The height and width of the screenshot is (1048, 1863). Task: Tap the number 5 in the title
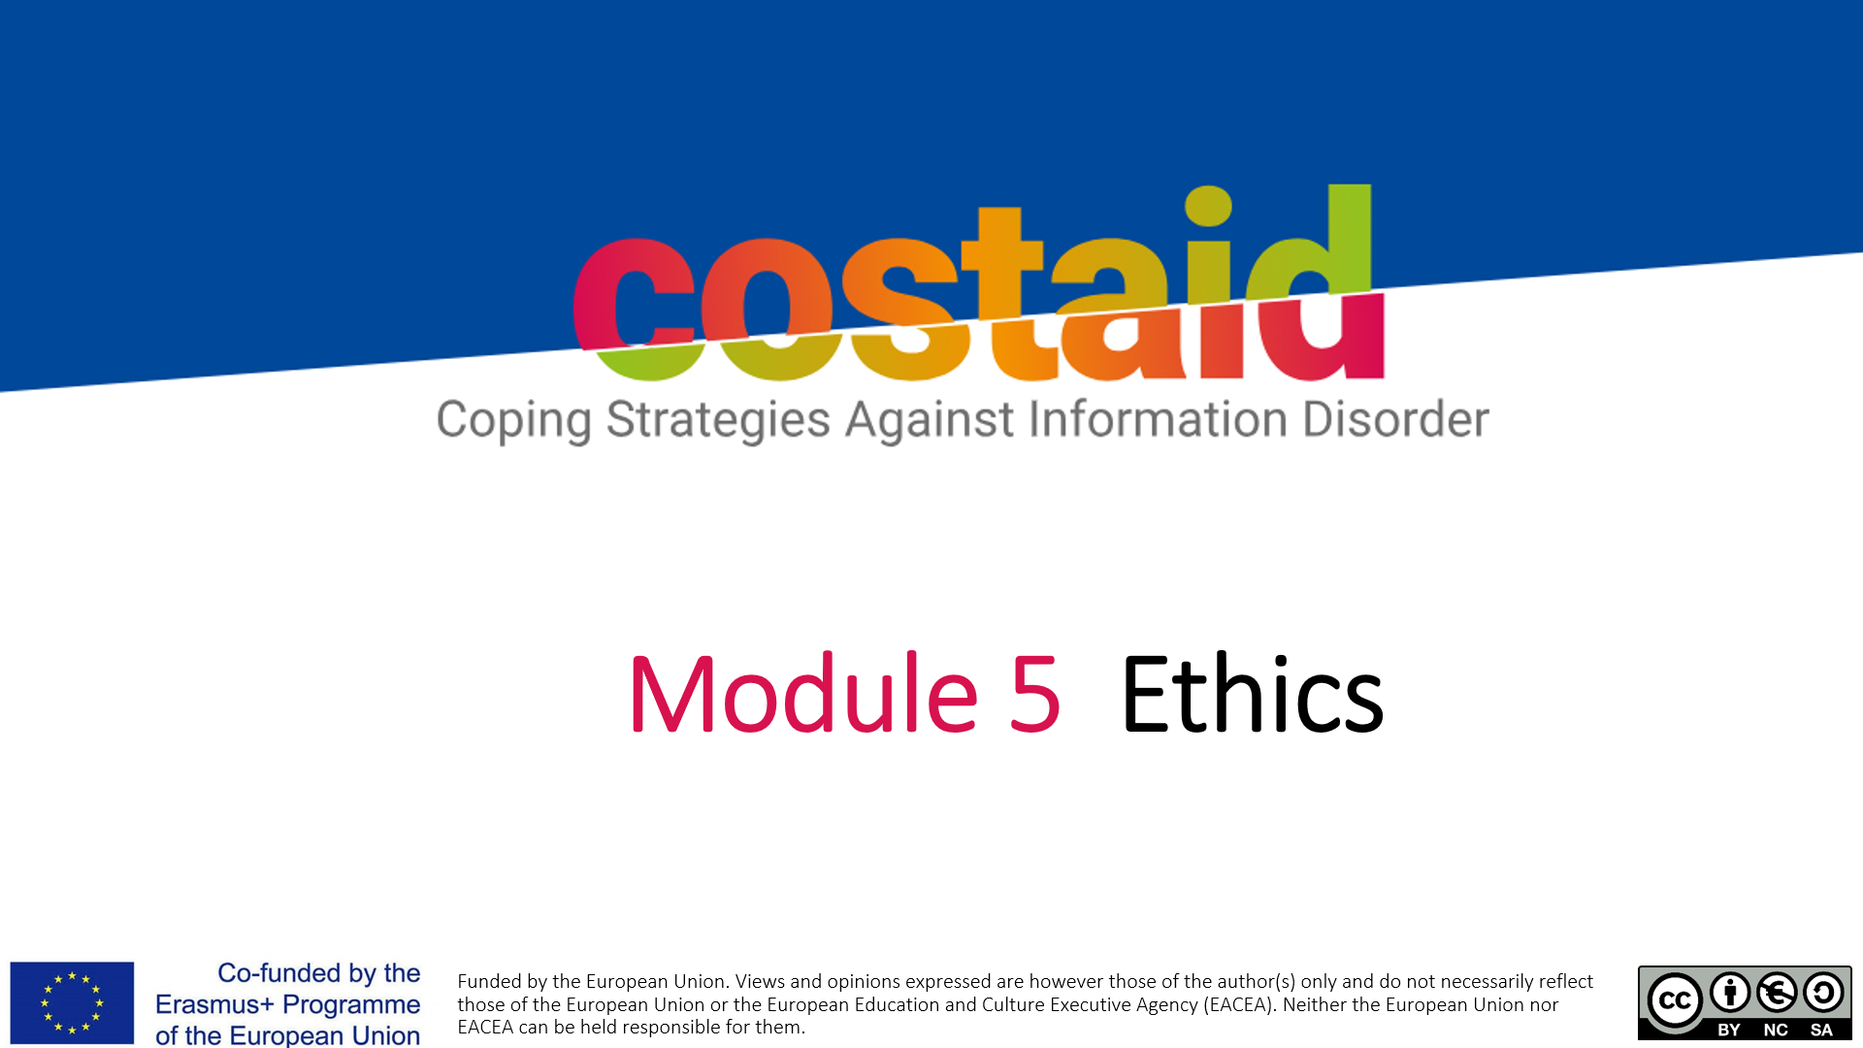(1034, 694)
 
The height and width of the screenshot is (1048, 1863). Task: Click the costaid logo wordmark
(978, 282)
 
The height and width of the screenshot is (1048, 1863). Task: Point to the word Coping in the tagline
(513, 421)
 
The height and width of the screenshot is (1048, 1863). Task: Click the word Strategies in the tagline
(718, 421)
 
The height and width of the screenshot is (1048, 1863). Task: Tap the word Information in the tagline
(1158, 418)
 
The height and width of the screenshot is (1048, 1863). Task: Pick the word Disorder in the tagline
(1395, 418)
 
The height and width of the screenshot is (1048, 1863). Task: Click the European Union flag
(72, 1002)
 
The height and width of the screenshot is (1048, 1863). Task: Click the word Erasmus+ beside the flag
(214, 1004)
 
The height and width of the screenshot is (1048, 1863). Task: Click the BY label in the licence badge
(1729, 1030)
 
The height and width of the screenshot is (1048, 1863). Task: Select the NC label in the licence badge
(1776, 1030)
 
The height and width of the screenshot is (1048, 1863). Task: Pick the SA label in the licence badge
(1821, 1030)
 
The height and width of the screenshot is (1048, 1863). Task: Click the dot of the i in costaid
(1208, 206)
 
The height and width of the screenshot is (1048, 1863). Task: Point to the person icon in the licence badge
(1730, 992)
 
